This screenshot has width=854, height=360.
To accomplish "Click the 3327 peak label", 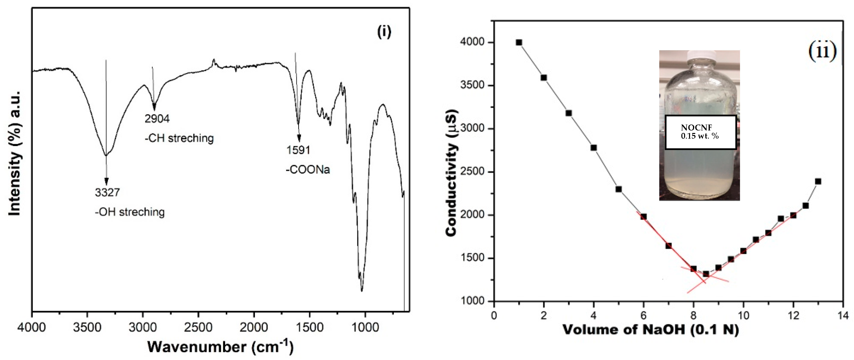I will (x=107, y=193).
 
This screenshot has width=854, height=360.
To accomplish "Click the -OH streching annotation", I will (x=130, y=212).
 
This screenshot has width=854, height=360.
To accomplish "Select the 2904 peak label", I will (x=157, y=119).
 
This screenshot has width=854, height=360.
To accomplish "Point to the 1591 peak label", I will (x=298, y=150).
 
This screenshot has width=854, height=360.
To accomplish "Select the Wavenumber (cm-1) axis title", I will (x=220, y=347).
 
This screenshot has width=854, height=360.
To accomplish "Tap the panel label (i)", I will (x=384, y=32).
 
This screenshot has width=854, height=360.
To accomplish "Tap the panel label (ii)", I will (x=822, y=51).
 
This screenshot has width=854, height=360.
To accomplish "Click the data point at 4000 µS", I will (x=519, y=42).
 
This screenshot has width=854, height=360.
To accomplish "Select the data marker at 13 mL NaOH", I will (x=818, y=181).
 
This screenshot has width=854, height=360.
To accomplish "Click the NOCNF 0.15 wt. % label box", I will (x=700, y=132).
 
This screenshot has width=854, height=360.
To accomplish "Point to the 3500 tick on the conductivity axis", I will (x=472, y=85).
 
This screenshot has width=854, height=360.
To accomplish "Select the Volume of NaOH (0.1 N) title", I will (x=651, y=330).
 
